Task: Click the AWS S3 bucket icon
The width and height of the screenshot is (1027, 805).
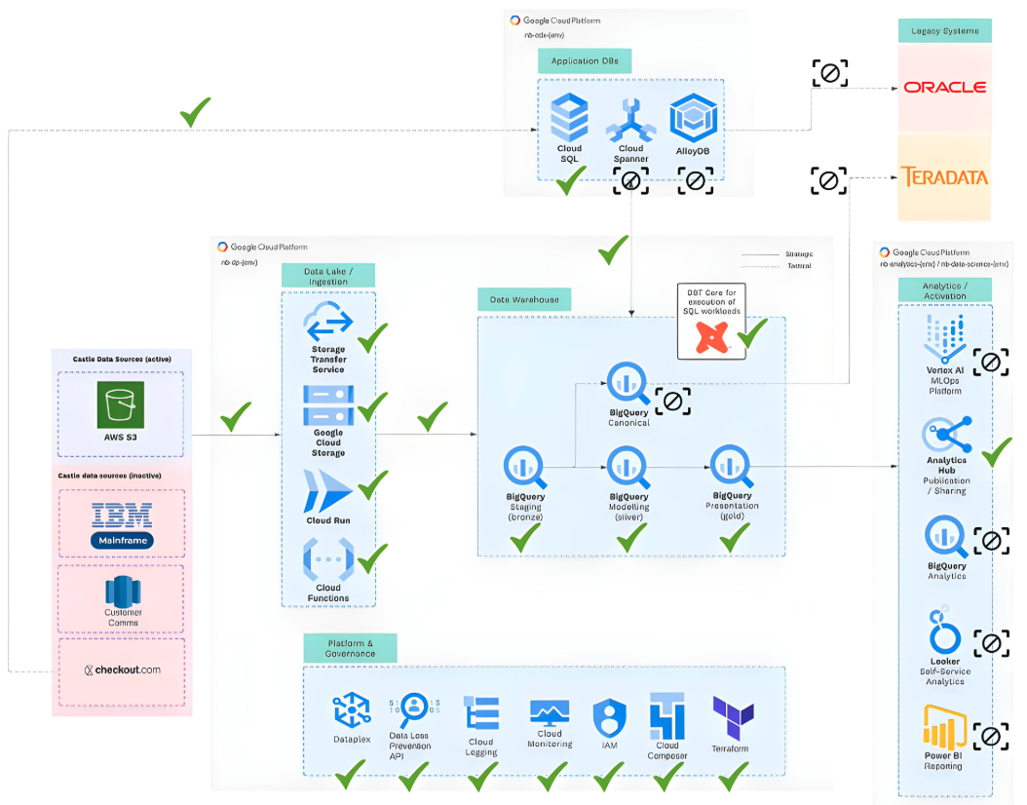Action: pyautogui.click(x=121, y=404)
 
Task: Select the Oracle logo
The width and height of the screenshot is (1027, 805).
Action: pyautogui.click(x=944, y=87)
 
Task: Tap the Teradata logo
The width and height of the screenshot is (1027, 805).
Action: pyautogui.click(x=943, y=177)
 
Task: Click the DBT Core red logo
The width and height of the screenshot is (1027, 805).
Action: pyautogui.click(x=710, y=336)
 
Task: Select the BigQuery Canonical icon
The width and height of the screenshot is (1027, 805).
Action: pyautogui.click(x=628, y=385)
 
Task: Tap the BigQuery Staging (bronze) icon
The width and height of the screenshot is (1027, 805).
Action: pyautogui.click(x=525, y=468)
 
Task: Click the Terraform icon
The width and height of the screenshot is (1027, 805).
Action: pyautogui.click(x=733, y=717)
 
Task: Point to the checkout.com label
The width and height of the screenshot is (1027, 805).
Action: pyautogui.click(x=122, y=670)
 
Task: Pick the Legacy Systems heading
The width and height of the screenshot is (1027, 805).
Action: pyautogui.click(x=944, y=31)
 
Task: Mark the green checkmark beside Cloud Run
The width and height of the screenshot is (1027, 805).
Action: pyautogui.click(x=372, y=483)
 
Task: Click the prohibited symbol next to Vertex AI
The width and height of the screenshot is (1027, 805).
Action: pyautogui.click(x=990, y=363)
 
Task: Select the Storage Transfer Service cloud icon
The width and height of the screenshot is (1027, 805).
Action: pyautogui.click(x=328, y=323)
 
